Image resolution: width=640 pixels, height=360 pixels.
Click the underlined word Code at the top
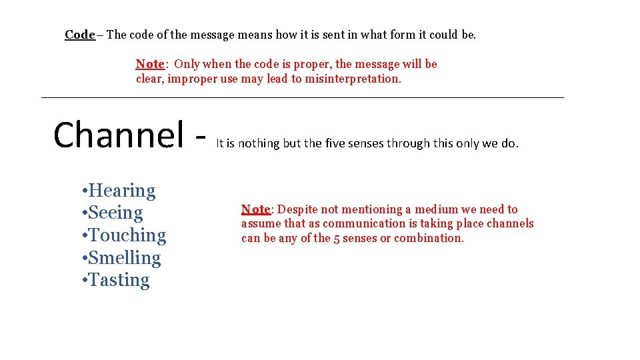[x=80, y=35]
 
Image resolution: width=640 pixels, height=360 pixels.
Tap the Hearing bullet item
[x=121, y=191]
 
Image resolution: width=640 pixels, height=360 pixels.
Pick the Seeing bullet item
[x=115, y=213]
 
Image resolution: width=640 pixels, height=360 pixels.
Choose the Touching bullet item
[x=126, y=235]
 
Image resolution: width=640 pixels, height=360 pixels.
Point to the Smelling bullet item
[x=123, y=258]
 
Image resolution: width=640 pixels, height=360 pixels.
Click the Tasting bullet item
[x=118, y=280]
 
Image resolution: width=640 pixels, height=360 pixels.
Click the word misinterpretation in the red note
[x=353, y=79]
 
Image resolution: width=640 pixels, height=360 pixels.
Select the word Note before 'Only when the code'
[x=149, y=64]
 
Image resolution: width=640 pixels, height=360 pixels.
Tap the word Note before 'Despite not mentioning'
[x=255, y=209]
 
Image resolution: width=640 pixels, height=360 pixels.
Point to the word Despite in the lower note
[x=296, y=209]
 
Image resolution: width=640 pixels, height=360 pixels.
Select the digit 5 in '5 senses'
[x=337, y=238]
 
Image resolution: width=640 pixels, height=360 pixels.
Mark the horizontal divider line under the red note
[x=302, y=98]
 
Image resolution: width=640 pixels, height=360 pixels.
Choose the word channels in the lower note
[x=509, y=223]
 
